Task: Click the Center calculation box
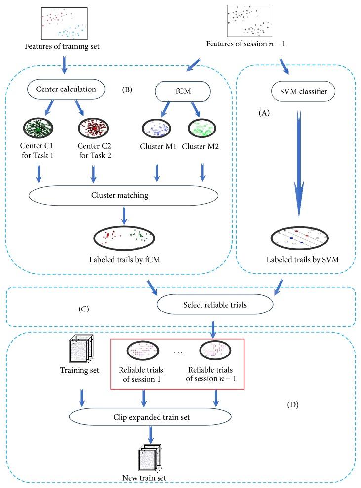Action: tap(66, 89)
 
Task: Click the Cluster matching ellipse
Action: tap(123, 196)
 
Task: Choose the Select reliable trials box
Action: tap(214, 305)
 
